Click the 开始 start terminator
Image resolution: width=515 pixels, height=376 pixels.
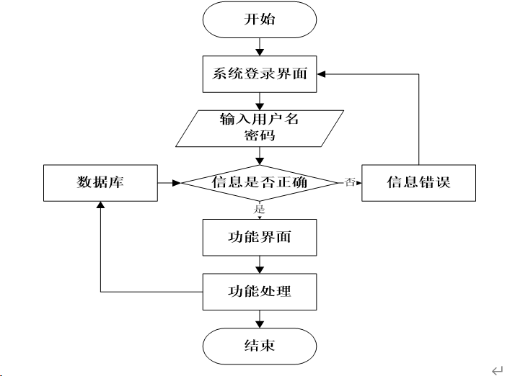point(260,19)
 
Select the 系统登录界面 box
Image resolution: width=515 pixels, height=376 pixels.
point(260,74)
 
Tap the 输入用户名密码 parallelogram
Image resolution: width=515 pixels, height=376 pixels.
point(260,128)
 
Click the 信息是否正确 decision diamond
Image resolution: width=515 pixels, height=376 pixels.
point(260,183)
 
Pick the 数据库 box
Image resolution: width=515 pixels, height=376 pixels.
point(100,183)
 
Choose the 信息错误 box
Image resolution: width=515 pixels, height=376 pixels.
point(418,183)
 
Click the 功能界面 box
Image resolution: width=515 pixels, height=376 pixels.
point(260,237)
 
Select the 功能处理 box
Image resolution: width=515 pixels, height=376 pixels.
point(260,292)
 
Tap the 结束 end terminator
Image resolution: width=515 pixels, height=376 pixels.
point(260,346)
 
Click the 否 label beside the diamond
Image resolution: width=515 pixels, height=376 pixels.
point(350,182)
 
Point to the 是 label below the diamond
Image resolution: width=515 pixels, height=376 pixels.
point(259,209)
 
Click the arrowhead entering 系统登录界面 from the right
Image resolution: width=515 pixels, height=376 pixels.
point(321,74)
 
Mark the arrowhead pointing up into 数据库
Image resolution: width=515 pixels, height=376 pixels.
point(100,205)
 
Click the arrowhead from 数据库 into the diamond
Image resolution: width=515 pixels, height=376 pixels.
point(177,183)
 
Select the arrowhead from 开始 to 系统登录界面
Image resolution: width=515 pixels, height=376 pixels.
point(260,52)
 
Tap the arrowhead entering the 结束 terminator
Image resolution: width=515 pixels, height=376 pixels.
point(260,324)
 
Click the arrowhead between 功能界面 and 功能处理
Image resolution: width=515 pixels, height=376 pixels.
point(260,270)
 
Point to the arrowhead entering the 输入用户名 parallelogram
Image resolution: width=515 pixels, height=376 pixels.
point(260,107)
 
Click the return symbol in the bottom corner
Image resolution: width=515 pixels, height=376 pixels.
point(497,370)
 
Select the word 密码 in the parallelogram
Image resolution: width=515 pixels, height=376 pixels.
point(260,135)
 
